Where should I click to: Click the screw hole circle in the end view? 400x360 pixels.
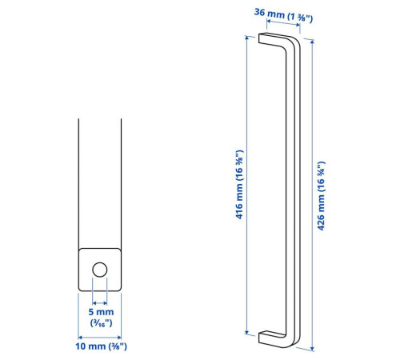(100, 270)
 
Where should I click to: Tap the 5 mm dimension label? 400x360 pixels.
(101, 312)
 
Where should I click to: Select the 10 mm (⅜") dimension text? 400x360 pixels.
(101, 346)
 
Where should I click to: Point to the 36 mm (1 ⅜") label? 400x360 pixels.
(283, 15)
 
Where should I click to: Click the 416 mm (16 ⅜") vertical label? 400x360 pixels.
(239, 185)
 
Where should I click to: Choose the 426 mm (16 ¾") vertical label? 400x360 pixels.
(321, 196)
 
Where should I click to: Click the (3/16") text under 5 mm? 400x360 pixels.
(101, 323)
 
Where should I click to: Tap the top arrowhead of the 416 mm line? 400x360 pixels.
(246, 38)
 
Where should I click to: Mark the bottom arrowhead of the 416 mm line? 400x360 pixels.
(246, 332)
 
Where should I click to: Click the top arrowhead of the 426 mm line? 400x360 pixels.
(312, 42)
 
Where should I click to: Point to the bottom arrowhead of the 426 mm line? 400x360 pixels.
(312, 348)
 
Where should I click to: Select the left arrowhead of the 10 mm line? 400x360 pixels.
(80, 338)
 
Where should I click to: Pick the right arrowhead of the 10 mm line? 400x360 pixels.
(119, 338)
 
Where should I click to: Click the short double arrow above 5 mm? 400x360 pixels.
(100, 303)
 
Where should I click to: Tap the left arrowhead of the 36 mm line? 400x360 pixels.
(269, 21)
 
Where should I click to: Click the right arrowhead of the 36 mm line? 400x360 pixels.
(298, 26)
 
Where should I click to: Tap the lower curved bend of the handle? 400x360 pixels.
(290, 340)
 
